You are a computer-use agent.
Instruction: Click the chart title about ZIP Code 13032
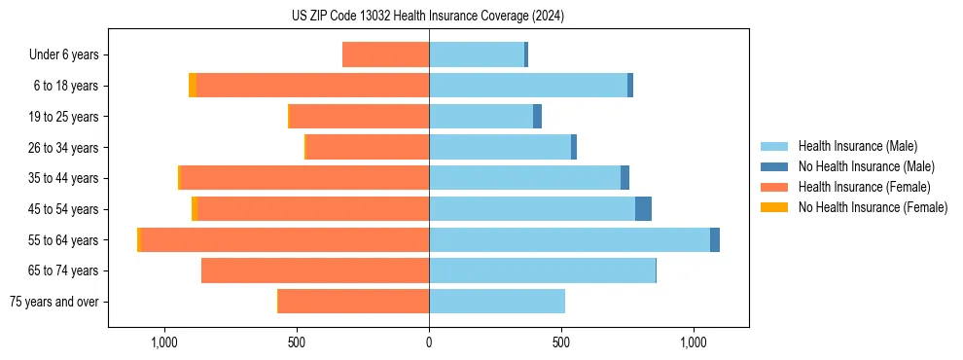pos(428,17)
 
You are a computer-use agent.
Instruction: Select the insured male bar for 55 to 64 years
pos(569,239)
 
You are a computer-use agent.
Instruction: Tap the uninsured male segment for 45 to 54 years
pos(643,208)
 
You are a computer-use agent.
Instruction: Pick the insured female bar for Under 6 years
pos(385,54)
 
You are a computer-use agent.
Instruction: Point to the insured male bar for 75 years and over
pos(497,302)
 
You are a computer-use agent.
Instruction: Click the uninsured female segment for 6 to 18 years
pos(193,86)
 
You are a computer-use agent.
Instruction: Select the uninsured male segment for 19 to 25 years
pos(537,117)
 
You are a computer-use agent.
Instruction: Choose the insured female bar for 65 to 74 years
pos(315,270)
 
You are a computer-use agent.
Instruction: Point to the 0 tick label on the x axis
pos(429,342)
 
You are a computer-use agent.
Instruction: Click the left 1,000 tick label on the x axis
pos(164,342)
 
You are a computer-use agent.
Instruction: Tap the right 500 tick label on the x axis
pos(561,342)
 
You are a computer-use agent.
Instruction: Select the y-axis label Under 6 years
pos(64,54)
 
